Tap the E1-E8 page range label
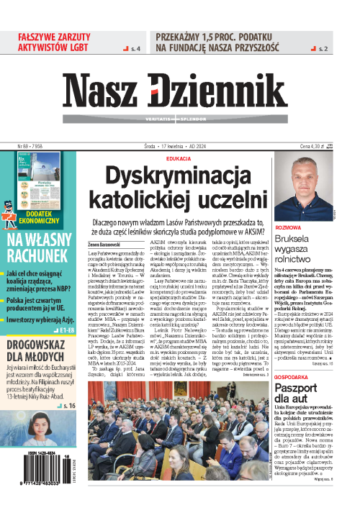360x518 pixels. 71,310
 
